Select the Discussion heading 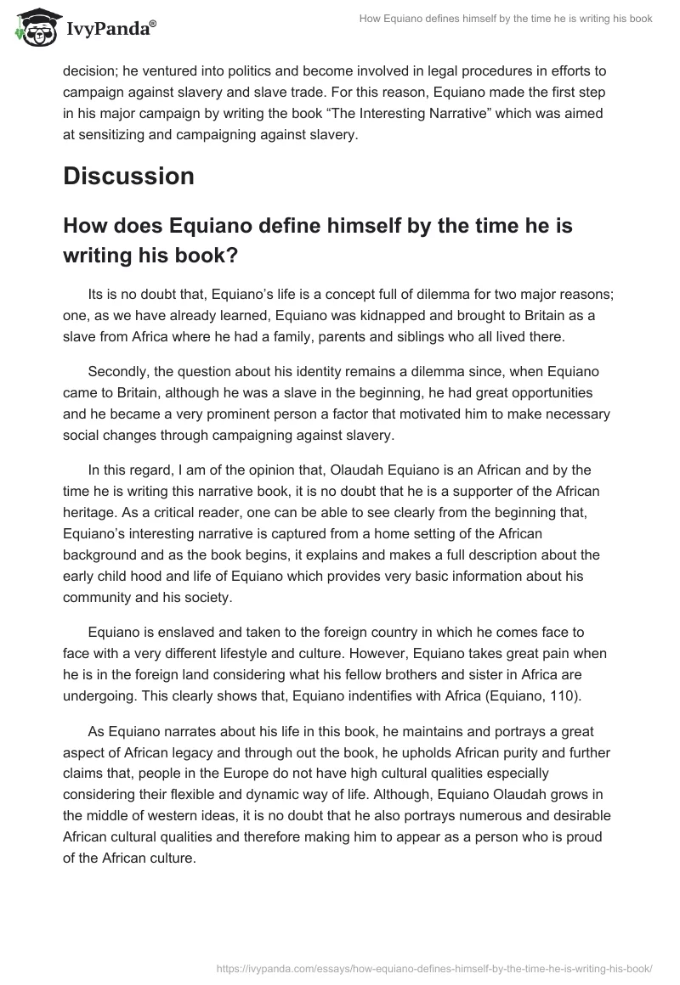click(x=128, y=176)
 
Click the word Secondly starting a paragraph click(x=117, y=374)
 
